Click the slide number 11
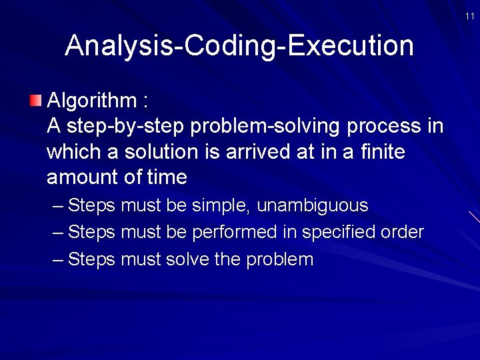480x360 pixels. [470, 16]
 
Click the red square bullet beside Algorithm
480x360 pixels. [35, 101]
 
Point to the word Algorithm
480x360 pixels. [91, 101]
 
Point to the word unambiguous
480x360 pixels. [312, 205]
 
